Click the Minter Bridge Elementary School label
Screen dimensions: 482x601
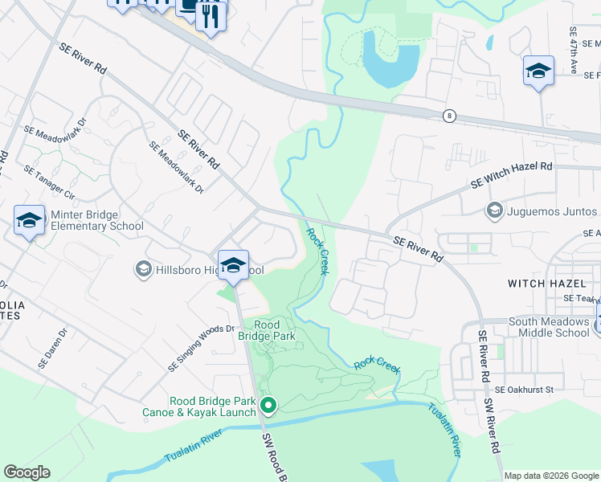pos(96,220)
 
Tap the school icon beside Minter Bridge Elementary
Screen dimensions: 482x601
pos(29,220)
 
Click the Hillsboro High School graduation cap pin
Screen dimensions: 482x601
pos(233,264)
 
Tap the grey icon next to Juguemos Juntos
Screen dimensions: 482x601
pos(494,211)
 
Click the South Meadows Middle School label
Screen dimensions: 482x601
pos(549,327)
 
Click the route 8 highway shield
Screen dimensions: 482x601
pos(448,116)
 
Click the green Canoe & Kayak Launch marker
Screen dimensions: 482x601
pos(268,406)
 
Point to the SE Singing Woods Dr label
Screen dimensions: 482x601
pos(201,348)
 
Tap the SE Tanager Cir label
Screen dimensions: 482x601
pos(50,183)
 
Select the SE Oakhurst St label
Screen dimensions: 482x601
pos(525,390)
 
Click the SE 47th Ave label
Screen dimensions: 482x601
pos(574,51)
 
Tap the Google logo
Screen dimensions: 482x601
pos(27,472)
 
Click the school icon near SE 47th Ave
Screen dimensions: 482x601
pos(538,70)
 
